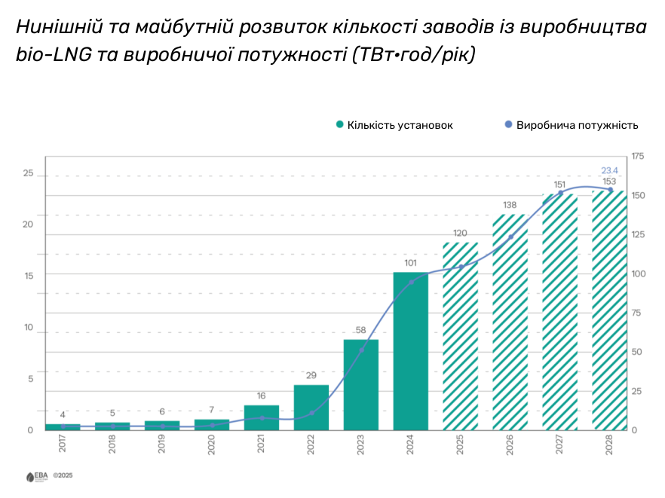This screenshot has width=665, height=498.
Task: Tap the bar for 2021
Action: [x=261, y=417]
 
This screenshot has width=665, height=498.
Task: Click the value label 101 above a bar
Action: [x=410, y=263]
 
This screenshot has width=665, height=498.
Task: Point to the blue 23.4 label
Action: [x=609, y=170]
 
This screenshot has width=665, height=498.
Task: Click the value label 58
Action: [x=360, y=330]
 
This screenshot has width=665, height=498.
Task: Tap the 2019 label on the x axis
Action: [x=161, y=444]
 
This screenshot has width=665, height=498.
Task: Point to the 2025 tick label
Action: [x=460, y=444]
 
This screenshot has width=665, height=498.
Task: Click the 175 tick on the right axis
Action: [x=638, y=156]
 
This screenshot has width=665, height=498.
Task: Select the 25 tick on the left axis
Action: [x=29, y=173]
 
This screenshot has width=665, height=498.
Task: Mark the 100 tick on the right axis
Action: [x=638, y=273]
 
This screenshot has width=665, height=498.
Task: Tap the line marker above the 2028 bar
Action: [x=610, y=190]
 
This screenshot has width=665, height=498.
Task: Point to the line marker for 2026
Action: [x=510, y=237]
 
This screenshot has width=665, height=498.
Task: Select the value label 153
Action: [x=609, y=182]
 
